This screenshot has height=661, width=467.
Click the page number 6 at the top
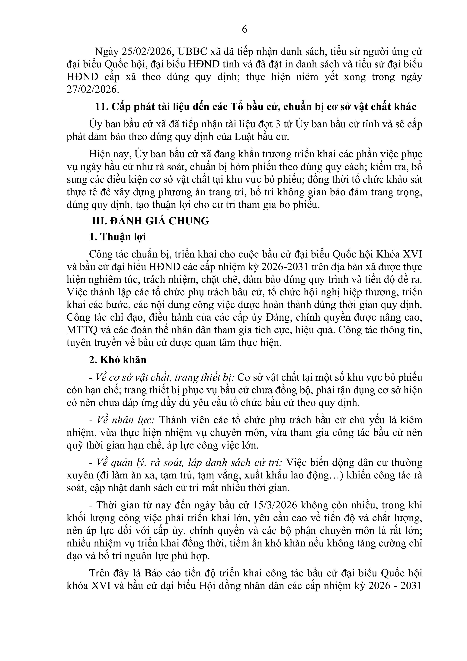coord(244,29)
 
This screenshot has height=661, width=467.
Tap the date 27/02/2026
coord(92,89)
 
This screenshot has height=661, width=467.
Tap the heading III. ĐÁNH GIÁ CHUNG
coord(150,221)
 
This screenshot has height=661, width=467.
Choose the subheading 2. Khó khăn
coord(118,360)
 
